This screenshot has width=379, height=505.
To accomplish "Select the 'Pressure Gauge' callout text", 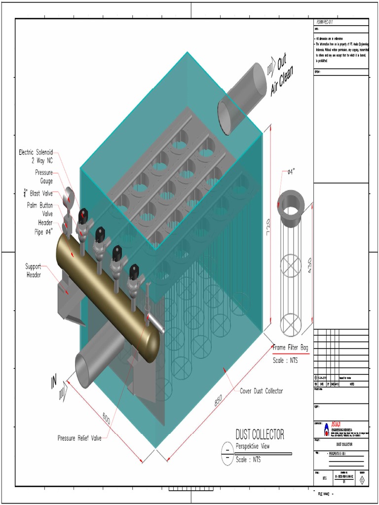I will point(43,177).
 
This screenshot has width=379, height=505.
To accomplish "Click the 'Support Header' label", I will point(34,270).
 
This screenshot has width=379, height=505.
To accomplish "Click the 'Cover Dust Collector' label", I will point(261,391).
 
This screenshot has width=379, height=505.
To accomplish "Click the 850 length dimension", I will point(219,401).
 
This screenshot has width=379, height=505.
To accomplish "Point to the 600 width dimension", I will point(106,419).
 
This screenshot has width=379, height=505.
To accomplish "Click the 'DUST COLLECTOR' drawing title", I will point(260,434).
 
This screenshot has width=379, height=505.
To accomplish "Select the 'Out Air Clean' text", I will point(282,76).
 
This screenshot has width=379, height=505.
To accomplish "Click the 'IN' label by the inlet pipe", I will point(54,382).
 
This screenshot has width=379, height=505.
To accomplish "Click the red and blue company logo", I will point(327,430).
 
